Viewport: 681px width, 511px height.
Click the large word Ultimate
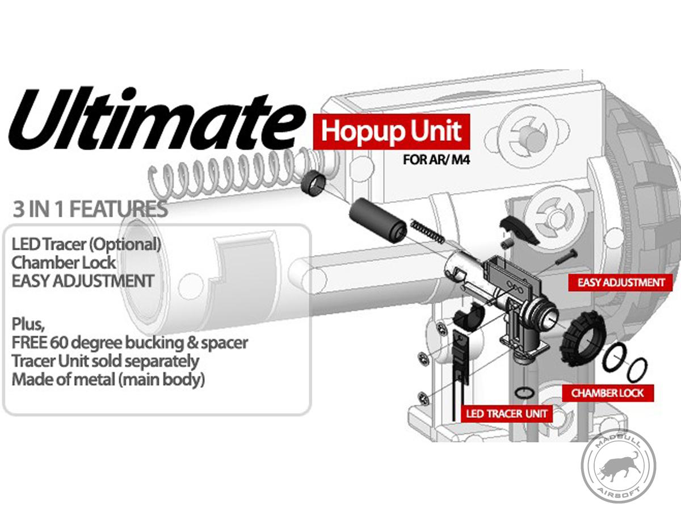click(157, 119)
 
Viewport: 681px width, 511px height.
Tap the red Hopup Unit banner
click(392, 132)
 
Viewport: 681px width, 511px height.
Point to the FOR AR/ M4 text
click(436, 160)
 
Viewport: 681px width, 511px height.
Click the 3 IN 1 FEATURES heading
click(90, 209)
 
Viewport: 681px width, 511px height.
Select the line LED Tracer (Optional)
click(86, 245)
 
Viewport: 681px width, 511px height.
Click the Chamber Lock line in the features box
click(64, 262)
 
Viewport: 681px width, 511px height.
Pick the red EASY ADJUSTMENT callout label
click(620, 282)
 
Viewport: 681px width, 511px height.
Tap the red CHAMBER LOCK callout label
click(608, 393)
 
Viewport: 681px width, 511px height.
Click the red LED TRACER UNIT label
click(507, 413)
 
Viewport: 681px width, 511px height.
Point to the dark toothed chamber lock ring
click(583, 338)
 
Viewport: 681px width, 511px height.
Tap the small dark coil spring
click(427, 231)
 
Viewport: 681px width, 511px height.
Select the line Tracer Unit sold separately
click(105, 361)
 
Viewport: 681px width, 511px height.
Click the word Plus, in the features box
click(28, 325)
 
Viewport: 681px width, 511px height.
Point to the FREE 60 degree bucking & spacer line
click(130, 342)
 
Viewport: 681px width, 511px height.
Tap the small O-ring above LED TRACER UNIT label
click(524, 392)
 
